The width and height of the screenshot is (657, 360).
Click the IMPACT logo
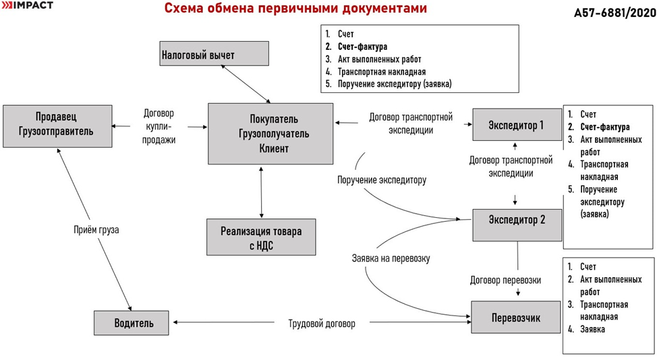coord(28,5)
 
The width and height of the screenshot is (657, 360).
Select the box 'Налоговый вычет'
coord(215,55)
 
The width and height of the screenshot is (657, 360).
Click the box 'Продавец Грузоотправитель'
coord(57,125)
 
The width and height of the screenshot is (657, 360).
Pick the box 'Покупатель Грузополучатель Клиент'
coord(270,133)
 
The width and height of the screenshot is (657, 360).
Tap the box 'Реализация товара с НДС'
coord(261,237)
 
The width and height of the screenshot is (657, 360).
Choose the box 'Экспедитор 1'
coord(516,125)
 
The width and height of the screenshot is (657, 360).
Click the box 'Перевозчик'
coord(516,316)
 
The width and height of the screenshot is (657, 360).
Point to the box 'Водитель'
coord(133,323)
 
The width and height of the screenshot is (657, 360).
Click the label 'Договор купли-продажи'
coord(160,127)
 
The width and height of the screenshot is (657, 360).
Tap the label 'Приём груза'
coord(96,229)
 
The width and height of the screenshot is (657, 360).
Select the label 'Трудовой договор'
coord(321,324)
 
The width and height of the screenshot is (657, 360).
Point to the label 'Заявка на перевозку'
coord(391,258)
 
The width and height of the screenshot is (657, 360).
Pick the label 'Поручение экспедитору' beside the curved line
coord(382,180)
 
